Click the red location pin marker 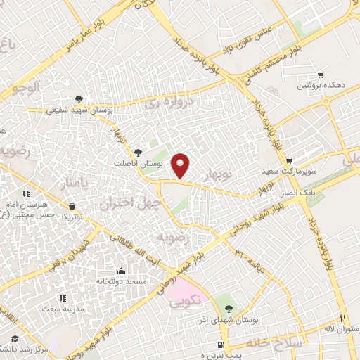181,165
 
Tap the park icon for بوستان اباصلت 138,151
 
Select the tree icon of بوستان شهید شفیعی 79,99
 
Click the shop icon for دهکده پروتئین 321,75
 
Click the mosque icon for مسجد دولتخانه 120,271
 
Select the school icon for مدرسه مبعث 63,299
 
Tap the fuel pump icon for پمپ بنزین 221,345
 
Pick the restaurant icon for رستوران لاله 342,318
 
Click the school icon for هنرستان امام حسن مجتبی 26,193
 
